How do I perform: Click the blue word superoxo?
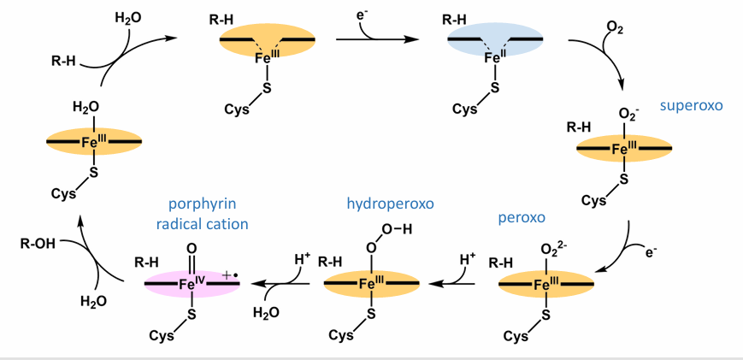pos(691,106)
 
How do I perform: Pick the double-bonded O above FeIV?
pos(192,251)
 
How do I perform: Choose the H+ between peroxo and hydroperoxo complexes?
pos(467,258)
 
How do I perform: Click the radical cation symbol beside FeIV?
pos(230,274)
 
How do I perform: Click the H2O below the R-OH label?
pos(94,300)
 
